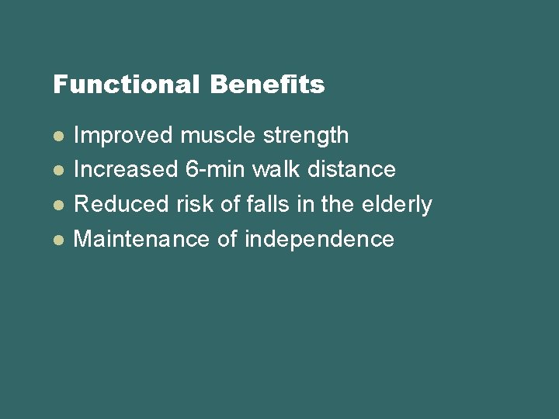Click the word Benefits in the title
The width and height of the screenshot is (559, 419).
[x=267, y=85]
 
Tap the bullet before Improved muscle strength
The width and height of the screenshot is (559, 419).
[x=57, y=136]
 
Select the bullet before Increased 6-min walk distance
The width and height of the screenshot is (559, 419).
[x=57, y=170]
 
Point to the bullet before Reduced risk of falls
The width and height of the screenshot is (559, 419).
[x=57, y=205]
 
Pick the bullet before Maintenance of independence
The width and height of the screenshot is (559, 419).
[x=57, y=240]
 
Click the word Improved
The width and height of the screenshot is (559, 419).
[x=123, y=136]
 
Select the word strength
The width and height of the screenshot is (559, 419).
[x=306, y=137]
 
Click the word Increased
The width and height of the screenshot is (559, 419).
[x=125, y=170]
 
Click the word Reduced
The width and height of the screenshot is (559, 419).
[x=120, y=205]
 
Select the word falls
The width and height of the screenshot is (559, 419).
[x=266, y=205]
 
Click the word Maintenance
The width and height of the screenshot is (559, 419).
[x=141, y=240]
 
